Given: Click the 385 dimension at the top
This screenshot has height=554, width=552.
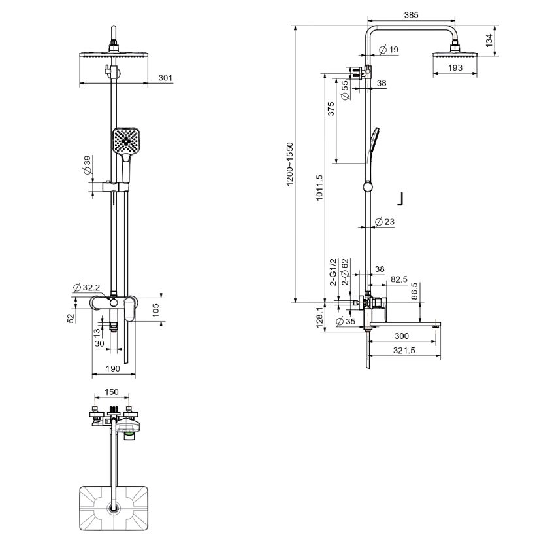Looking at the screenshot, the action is coord(411,15).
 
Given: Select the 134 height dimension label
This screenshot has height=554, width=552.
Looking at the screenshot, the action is coord(489,41).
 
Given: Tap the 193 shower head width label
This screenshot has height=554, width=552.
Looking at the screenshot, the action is coord(455,67).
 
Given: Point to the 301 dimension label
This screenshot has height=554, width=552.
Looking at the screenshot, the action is coord(165,78).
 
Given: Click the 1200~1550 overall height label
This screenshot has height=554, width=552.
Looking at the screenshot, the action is coord(290,164).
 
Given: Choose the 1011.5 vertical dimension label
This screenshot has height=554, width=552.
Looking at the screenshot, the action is coord(319,188).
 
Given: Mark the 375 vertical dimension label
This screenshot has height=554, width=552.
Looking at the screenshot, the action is coord(331,109).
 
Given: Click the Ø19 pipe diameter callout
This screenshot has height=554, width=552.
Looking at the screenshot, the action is coord(389,50).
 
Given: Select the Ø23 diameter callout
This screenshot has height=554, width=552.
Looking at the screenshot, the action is coord(384,222).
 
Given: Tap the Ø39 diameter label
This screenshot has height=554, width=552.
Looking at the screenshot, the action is coord(87,165).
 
